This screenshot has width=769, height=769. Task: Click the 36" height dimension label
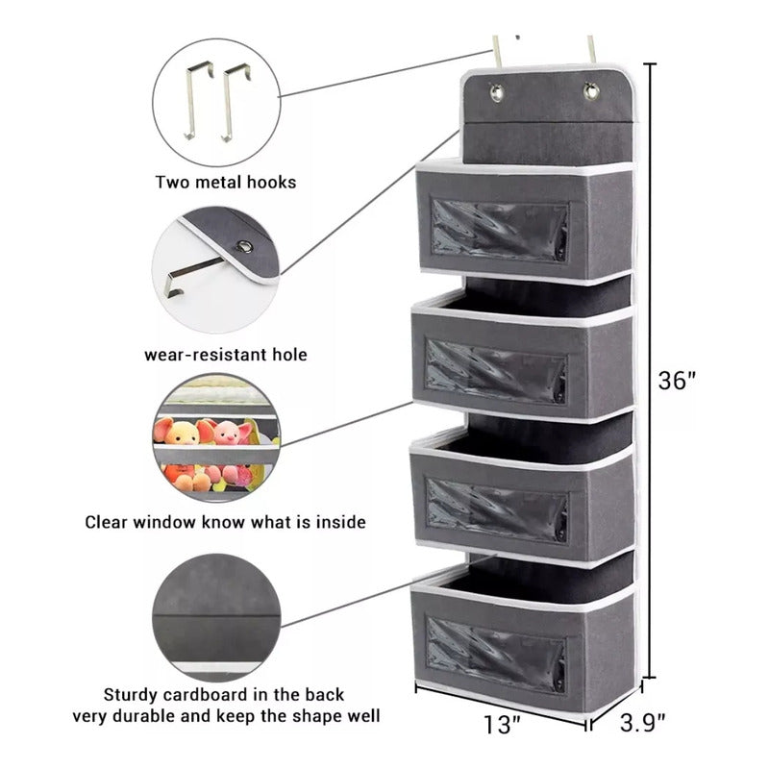click(x=677, y=380)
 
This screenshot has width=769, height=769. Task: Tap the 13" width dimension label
click(x=502, y=725)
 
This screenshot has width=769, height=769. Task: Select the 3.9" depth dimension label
click(x=642, y=723)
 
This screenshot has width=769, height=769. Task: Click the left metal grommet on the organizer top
click(x=497, y=92)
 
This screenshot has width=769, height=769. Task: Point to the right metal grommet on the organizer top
click(x=591, y=91)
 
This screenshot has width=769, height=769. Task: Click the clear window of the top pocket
click(x=499, y=230)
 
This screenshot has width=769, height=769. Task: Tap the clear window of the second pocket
click(x=495, y=371)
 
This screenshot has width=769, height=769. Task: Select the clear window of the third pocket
click(x=497, y=510)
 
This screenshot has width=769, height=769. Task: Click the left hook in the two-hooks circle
click(x=198, y=100)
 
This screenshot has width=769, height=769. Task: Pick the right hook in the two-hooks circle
click(x=236, y=102)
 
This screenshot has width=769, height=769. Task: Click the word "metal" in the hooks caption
click(x=218, y=183)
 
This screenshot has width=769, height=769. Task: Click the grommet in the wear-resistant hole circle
click(x=244, y=246)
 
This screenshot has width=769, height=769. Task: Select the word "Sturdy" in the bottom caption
click(x=131, y=695)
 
